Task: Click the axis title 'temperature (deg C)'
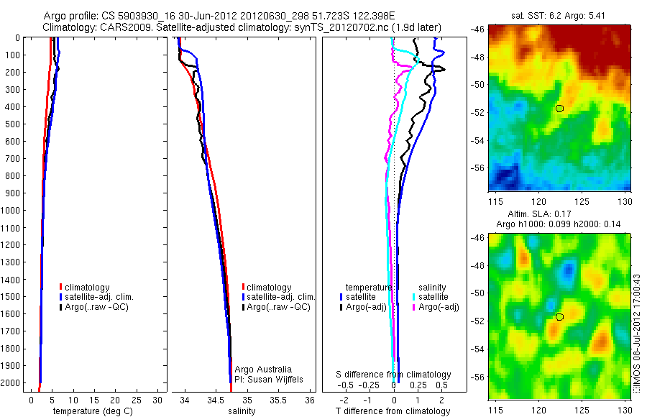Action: click(91, 411)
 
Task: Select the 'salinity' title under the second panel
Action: click(242, 411)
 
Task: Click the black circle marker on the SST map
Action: click(559, 109)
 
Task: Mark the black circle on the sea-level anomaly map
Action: click(559, 316)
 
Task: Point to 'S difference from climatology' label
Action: click(394, 375)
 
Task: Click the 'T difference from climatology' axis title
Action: click(394, 411)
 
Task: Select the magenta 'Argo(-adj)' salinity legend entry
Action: click(436, 307)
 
